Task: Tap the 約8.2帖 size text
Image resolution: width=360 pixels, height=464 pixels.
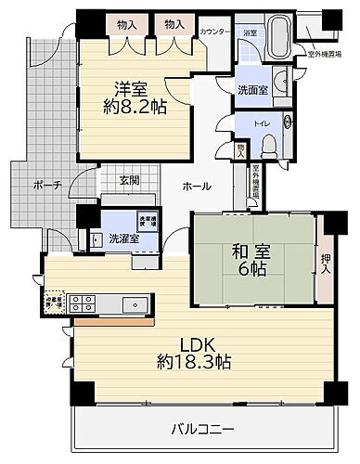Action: pyautogui.click(x=135, y=107)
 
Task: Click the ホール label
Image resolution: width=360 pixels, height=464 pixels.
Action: pyautogui.click(x=197, y=186)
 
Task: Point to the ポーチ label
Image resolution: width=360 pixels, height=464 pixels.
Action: pyautogui.click(x=46, y=185)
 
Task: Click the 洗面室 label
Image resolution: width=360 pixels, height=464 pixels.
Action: pyautogui.click(x=252, y=91)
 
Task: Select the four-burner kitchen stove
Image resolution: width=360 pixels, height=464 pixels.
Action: pyautogui.click(x=81, y=303)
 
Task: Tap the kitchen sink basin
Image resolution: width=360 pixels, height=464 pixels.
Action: pyautogui.click(x=134, y=303)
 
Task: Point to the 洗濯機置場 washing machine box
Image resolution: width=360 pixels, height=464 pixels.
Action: pyautogui.click(x=146, y=221)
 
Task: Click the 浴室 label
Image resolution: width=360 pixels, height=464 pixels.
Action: pyautogui.click(x=249, y=32)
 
